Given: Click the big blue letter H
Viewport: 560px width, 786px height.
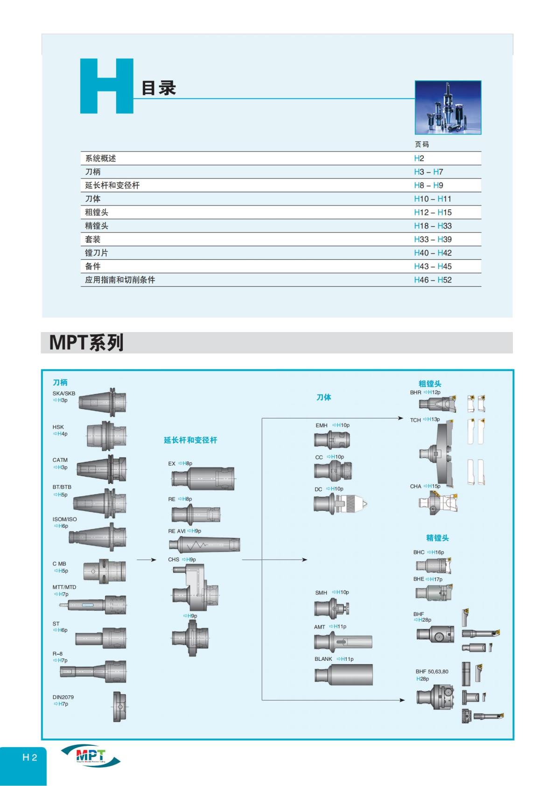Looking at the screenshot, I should (x=106, y=86).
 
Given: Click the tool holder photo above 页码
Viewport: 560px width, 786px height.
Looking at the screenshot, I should (x=448, y=107).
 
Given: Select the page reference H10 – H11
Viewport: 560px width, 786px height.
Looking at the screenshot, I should (x=432, y=199).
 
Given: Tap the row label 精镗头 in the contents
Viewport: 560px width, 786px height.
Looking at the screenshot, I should (x=97, y=226).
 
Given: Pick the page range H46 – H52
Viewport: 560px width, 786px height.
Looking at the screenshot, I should (x=432, y=280).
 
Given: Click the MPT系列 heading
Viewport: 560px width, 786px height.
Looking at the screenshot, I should (x=86, y=343).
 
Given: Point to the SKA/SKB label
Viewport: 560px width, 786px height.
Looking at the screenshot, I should (x=63, y=393).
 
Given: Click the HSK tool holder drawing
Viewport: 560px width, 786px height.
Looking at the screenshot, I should (x=106, y=435).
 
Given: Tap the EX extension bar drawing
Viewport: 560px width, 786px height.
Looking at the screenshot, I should (x=203, y=479).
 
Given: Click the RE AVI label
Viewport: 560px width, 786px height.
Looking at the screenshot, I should (x=177, y=531).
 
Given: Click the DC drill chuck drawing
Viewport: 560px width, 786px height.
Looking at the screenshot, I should (x=340, y=504).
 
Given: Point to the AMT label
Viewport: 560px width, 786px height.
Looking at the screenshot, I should (x=319, y=627).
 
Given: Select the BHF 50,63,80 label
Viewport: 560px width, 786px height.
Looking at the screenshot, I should (x=432, y=672).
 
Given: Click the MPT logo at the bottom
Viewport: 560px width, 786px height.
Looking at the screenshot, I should (x=90, y=755).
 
